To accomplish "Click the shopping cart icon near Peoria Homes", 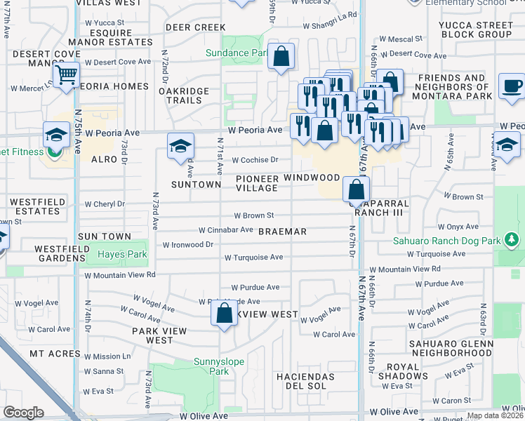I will (x=66, y=74).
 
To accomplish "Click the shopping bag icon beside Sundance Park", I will (x=281, y=58).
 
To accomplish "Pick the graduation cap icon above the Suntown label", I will (x=181, y=147).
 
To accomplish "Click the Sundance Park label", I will (x=237, y=53).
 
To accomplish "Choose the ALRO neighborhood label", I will (x=105, y=160).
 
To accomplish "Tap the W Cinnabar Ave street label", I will (x=225, y=229).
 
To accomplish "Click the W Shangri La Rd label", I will (x=330, y=25).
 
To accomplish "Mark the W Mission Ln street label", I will (x=107, y=356).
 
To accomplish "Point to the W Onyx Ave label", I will (x=458, y=227).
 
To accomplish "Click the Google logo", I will (x=24, y=413).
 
